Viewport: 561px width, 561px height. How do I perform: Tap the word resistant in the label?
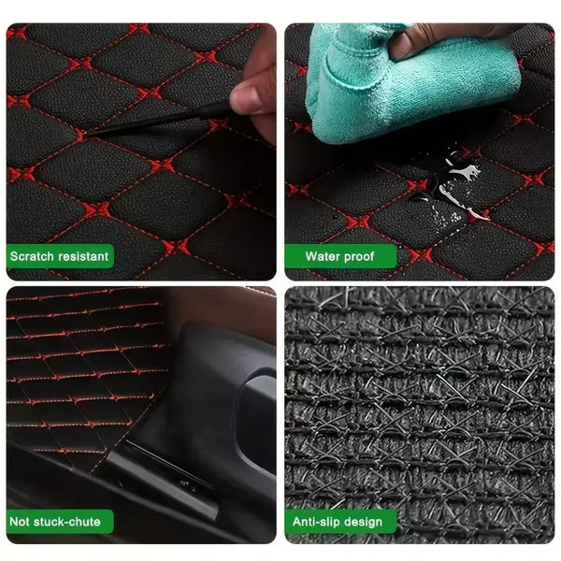[82, 256]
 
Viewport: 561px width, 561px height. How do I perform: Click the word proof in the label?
[360, 256]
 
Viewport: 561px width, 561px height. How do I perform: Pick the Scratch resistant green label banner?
[61, 256]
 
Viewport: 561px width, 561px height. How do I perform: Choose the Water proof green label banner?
[341, 256]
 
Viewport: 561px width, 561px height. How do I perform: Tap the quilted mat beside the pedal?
[84, 365]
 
